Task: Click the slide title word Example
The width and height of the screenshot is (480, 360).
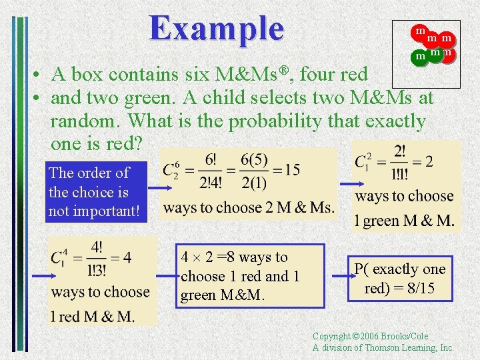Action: pyautogui.click(x=217, y=28)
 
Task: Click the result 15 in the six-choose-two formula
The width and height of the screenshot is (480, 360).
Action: pyautogui.click(x=291, y=169)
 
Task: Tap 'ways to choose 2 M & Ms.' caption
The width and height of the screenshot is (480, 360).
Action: pyautogui.click(x=249, y=207)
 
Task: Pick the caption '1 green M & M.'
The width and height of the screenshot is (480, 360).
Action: pyautogui.click(x=405, y=221)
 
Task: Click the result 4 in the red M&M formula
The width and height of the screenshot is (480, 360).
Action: pyautogui.click(x=127, y=257)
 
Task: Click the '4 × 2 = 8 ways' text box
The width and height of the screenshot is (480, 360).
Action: pyautogui.click(x=251, y=275)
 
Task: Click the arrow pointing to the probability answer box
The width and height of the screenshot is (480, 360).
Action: pyautogui.click(x=337, y=275)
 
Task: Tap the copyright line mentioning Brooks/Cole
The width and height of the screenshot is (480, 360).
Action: pyautogui.click(x=371, y=337)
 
